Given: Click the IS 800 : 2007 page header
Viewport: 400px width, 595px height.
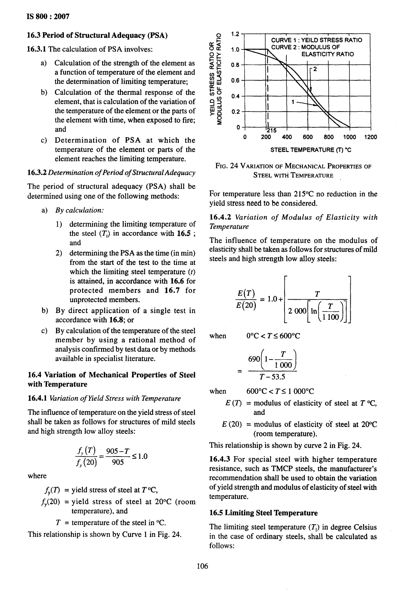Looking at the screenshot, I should pos(48,17).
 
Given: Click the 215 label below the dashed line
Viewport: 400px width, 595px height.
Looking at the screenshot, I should pos(271,131).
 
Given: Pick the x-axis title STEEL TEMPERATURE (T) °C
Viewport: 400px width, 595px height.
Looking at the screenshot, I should pos(311,150).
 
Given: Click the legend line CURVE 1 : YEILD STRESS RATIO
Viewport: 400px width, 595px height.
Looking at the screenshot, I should pos(316,40).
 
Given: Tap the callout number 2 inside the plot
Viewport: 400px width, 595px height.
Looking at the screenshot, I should pos(315,69).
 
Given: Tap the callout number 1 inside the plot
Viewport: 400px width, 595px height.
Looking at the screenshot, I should pos(293,102).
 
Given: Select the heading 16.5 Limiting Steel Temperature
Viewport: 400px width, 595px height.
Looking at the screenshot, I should pos(263,513).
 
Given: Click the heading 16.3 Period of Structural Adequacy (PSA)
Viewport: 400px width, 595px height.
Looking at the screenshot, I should pos(97,35).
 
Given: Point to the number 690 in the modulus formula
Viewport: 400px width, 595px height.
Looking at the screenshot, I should pos(254,359).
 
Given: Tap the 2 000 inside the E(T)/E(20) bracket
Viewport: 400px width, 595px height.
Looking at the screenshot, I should pos(297,311).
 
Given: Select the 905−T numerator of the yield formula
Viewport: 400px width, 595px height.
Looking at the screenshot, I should pos(118,451).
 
